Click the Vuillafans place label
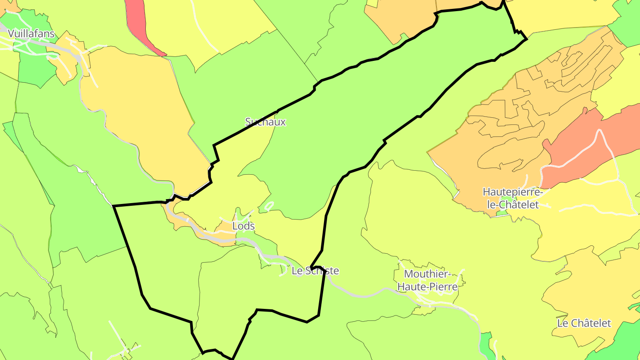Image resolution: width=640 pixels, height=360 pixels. [31, 34]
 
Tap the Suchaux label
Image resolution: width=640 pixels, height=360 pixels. [265, 122]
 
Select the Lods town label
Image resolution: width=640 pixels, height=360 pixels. [244, 226]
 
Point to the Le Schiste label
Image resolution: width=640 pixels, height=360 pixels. [315, 271]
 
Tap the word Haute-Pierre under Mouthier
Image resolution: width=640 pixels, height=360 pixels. [427, 287]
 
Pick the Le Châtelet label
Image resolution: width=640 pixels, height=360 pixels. [584, 323]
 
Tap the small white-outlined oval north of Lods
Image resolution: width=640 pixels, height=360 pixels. [268, 206]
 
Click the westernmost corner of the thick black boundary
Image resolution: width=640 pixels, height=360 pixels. [114, 206]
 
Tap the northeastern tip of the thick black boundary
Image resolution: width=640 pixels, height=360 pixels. [526, 39]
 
